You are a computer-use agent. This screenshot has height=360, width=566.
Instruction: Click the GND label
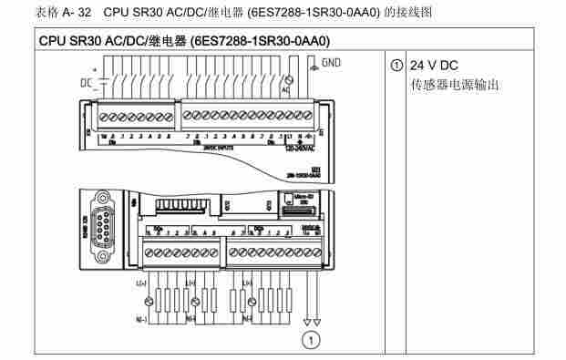[331, 64]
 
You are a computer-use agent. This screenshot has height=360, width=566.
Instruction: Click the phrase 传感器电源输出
[456, 87]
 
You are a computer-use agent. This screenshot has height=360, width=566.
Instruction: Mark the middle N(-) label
[190, 318]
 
